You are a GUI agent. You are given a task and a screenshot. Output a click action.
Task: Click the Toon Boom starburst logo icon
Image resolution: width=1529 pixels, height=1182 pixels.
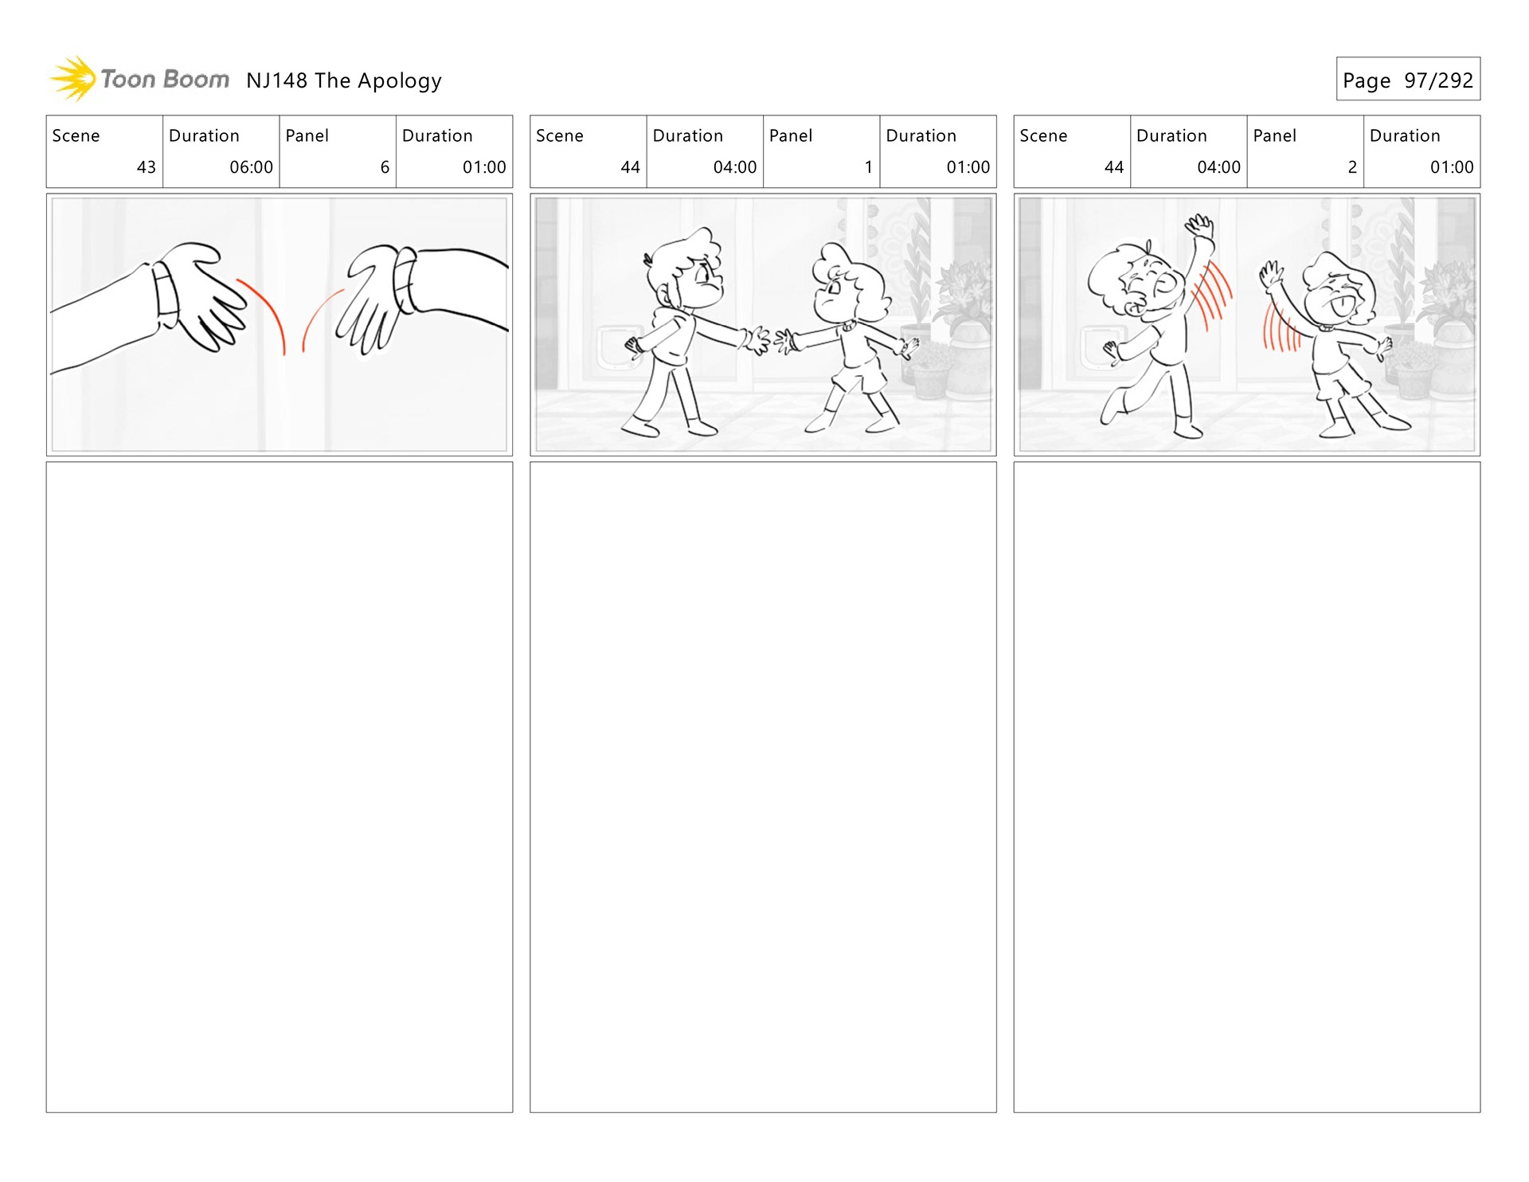point(73,79)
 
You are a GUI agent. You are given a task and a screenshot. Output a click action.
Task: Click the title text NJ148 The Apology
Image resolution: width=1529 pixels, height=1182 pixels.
point(344,81)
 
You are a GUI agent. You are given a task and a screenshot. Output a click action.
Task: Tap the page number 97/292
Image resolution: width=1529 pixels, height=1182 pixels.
point(1438,80)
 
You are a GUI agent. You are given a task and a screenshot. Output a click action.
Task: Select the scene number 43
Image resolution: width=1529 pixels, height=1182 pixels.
point(147,167)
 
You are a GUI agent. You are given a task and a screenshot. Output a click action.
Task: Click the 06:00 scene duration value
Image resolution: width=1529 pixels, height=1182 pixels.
point(251,167)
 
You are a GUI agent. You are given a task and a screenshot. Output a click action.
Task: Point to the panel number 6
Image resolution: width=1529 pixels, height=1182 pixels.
point(385,167)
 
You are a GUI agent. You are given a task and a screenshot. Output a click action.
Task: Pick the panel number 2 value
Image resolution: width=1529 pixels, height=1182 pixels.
point(1352,167)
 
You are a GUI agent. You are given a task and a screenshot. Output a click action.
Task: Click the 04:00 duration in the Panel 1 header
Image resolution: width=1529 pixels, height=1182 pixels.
point(734,167)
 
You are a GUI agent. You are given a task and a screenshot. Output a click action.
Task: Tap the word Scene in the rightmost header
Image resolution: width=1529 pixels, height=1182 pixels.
point(1043,136)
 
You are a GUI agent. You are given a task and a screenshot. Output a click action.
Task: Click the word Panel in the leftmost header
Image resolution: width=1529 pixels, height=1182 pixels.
point(307,136)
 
